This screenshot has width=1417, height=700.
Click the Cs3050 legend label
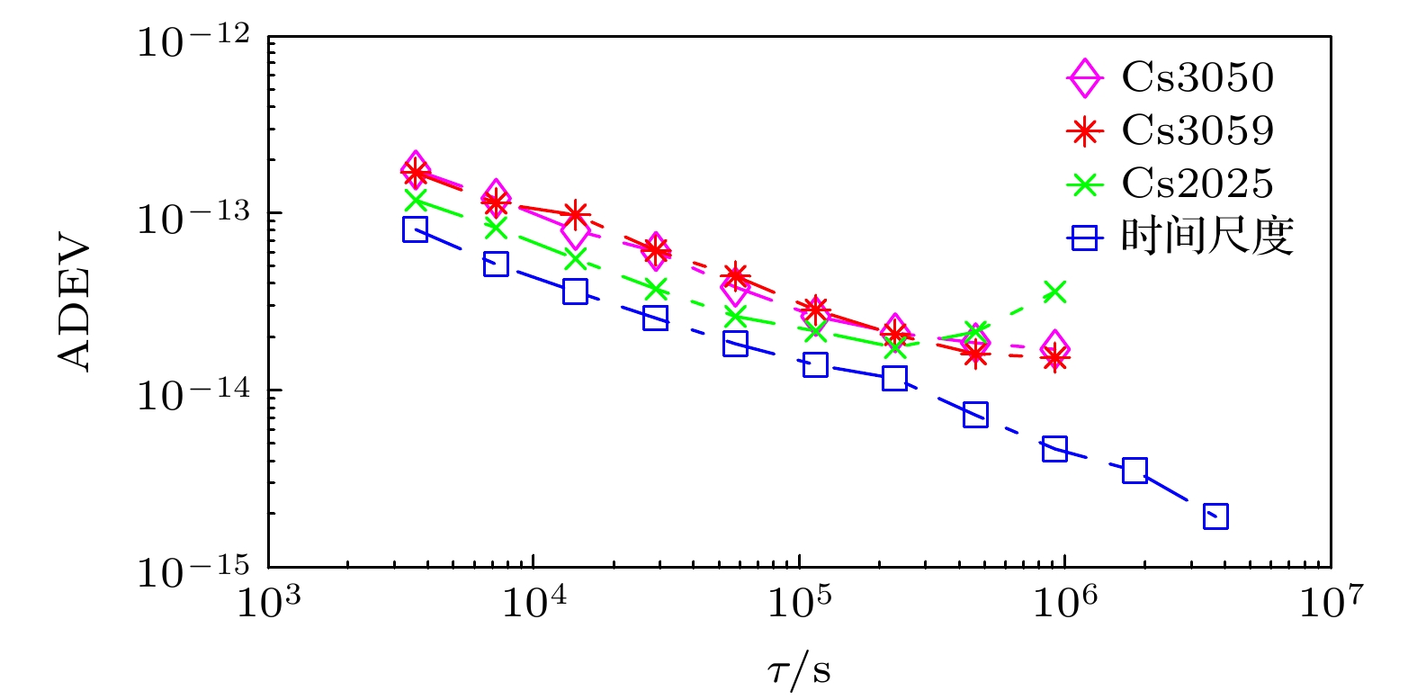tap(1197, 78)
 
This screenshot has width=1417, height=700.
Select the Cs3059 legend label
tap(1197, 131)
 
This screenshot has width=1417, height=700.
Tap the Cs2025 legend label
tap(1197, 184)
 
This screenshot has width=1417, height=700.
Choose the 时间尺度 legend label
tap(1206, 238)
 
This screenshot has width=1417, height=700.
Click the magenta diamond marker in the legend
tap(1085, 78)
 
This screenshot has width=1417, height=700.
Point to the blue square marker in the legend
tap(1085, 238)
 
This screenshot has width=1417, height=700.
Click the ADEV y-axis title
tap(76, 303)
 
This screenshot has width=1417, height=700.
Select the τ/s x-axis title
tap(799, 670)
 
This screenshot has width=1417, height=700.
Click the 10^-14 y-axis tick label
tap(193, 393)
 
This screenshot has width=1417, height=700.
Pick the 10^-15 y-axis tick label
tap(193, 570)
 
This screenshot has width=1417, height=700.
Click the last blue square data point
tap(1215, 516)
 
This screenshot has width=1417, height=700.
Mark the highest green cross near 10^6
tap(1054, 292)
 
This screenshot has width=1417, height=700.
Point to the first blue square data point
tap(415, 229)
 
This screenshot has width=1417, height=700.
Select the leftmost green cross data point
tap(415, 200)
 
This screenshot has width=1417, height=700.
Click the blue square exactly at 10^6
tap(1055, 449)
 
